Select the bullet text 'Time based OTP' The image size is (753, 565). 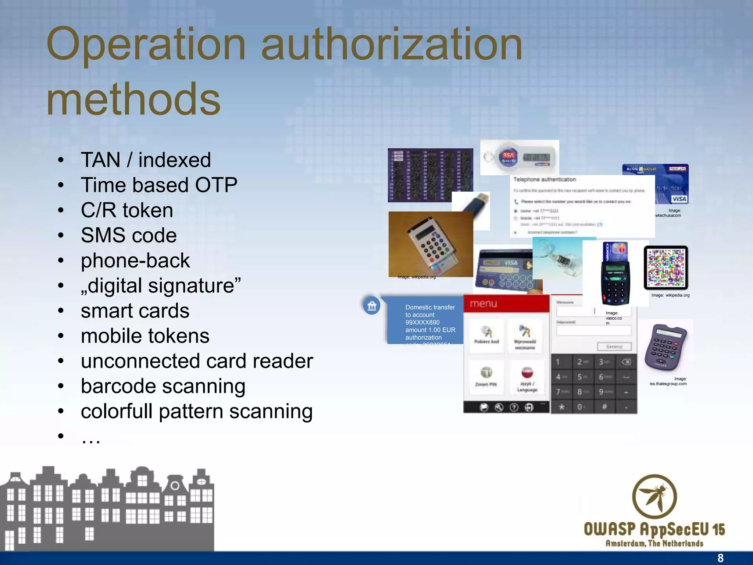159,185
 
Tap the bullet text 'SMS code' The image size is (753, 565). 129,235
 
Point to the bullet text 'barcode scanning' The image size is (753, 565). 163,386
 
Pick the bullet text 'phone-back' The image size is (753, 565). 135,260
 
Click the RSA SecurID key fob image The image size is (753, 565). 519,157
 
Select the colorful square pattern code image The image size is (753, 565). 665,268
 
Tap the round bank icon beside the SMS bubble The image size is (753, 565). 372,305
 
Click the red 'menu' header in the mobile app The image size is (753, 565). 506,303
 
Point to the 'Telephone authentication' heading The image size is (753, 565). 544,180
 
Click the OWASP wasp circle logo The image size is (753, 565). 654,497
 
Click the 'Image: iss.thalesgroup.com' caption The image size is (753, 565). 668,381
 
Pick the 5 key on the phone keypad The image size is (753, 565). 580,377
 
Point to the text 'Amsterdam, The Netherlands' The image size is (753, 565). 654,543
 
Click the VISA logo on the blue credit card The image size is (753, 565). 679,199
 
